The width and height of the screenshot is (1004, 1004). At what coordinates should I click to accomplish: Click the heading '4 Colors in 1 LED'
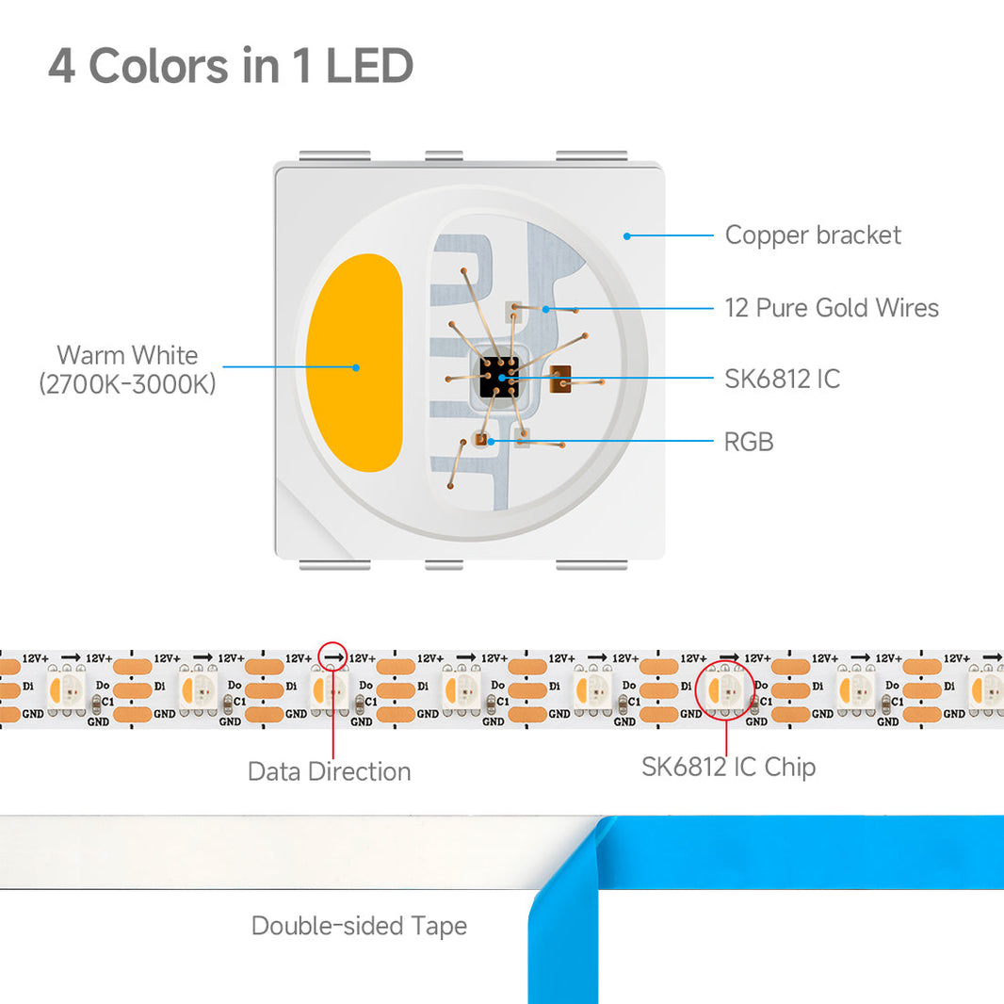click(231, 66)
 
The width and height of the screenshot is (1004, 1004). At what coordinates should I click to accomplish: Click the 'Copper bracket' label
click(813, 235)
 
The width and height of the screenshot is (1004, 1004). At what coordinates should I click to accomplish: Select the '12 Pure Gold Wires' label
click(832, 308)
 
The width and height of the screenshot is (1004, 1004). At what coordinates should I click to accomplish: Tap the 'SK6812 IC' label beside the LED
click(782, 380)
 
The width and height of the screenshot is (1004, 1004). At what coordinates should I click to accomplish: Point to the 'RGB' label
click(749, 442)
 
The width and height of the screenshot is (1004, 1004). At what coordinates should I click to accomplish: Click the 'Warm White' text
click(127, 355)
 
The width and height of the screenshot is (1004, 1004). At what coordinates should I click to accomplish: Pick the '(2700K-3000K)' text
click(127, 384)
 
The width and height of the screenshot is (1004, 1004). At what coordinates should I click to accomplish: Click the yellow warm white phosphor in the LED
click(354, 363)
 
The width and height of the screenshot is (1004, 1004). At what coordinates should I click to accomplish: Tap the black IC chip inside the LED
click(498, 377)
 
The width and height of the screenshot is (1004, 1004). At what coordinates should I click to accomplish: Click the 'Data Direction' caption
click(329, 771)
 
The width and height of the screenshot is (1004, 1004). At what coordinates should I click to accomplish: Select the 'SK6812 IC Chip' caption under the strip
click(728, 767)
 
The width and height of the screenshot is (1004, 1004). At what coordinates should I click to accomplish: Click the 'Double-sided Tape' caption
click(359, 926)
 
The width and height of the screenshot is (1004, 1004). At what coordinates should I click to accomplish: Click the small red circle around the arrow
click(332, 656)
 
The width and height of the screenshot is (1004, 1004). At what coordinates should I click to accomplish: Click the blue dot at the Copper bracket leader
click(627, 235)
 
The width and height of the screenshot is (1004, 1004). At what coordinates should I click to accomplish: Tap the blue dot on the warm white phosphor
click(355, 367)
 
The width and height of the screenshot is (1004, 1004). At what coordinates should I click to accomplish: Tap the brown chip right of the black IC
click(560, 378)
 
